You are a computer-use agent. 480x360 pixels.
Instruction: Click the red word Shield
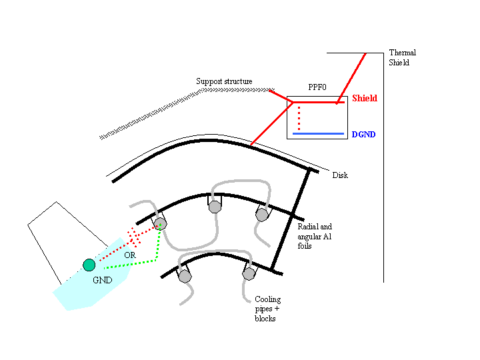click(364, 99)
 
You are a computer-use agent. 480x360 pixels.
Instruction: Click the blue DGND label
click(363, 135)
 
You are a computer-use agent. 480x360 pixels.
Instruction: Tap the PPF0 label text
click(317, 87)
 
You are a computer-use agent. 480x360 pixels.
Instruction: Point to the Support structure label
click(224, 81)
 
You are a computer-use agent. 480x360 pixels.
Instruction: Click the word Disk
click(340, 175)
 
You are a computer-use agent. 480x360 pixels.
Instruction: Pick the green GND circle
click(89, 265)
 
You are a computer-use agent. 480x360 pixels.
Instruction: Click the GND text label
click(102, 280)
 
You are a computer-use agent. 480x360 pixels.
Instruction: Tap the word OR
click(130, 255)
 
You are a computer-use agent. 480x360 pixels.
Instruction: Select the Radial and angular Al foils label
click(314, 236)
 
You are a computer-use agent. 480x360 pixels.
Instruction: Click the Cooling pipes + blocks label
click(268, 309)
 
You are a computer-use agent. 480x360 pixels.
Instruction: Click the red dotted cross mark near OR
click(134, 236)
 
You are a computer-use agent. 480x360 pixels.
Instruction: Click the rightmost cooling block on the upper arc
click(262, 215)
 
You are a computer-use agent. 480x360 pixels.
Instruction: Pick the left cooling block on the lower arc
click(185, 275)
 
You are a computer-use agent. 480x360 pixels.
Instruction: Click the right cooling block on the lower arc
click(249, 273)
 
